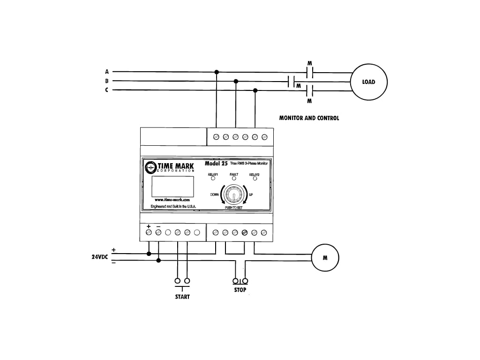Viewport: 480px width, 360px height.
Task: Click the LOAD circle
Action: tap(369, 82)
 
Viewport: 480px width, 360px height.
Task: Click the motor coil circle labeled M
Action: tap(325, 257)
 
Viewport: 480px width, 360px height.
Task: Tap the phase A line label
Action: tap(107, 72)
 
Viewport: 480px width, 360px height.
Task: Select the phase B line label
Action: tap(107, 81)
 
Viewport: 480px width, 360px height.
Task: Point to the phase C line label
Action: tap(107, 90)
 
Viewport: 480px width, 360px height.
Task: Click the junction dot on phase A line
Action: tap(216, 72)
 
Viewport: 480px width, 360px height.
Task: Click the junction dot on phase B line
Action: tap(236, 81)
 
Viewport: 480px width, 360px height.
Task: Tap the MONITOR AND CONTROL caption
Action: tap(309, 118)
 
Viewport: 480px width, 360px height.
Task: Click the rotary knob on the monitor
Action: tap(232, 195)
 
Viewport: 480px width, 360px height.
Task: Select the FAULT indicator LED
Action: tap(234, 179)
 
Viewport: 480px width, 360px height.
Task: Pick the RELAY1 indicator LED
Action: tap(213, 179)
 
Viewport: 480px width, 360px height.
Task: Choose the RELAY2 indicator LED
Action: tap(255, 179)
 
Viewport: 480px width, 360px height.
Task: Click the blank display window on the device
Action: tap(172, 186)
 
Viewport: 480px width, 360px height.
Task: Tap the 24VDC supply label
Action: tap(100, 257)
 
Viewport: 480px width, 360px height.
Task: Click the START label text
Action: tap(182, 297)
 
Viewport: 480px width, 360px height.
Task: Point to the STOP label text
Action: tap(240, 290)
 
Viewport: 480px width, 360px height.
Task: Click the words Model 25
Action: tap(216, 164)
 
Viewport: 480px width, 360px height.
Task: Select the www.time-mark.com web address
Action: tap(172, 200)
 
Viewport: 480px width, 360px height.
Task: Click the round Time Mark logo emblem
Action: tap(151, 167)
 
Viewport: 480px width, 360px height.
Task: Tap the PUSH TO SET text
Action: tap(233, 207)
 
